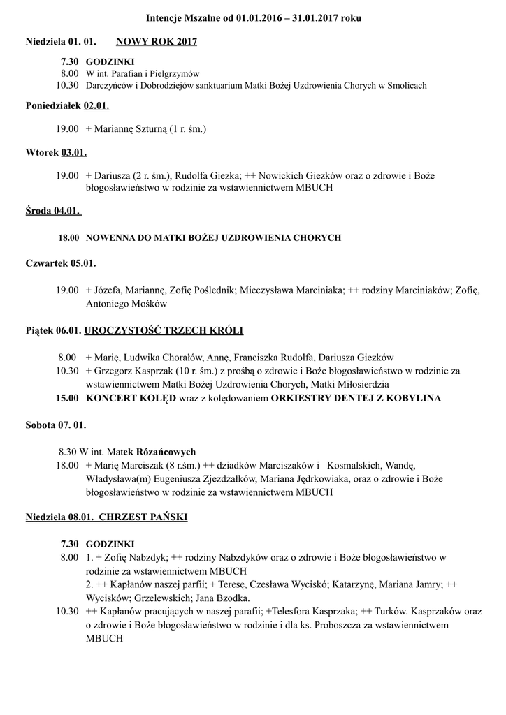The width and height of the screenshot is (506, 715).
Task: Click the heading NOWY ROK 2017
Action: (157, 42)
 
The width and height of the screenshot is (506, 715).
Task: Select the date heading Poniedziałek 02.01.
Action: (67, 107)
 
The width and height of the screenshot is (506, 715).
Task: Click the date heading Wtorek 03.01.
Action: (56, 152)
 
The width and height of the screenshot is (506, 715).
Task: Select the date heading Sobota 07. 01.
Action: (55, 425)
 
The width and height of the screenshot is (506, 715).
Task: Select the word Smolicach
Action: (402, 85)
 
